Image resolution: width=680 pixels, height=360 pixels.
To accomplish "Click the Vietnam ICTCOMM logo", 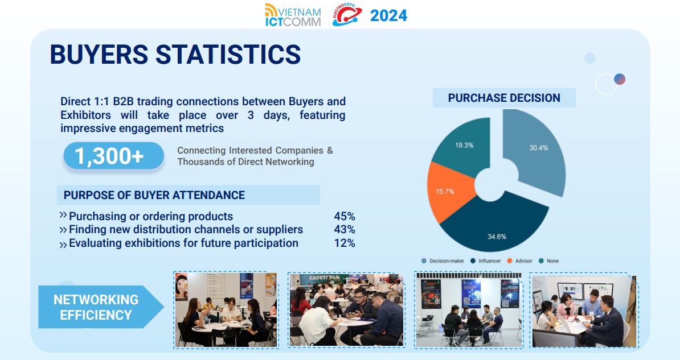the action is [293, 15].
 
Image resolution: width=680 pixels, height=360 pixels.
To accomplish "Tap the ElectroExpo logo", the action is [346, 15].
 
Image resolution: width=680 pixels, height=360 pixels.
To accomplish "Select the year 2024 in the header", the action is [388, 15].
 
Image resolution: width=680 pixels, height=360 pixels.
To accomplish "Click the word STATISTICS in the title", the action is [228, 54].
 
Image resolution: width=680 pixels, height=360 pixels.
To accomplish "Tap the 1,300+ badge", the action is [114, 156].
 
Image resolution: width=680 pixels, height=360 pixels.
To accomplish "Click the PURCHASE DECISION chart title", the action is [504, 98].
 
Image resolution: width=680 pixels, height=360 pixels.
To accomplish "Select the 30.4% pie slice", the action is [535, 150].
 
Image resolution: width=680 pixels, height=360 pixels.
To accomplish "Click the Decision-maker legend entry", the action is [443, 261].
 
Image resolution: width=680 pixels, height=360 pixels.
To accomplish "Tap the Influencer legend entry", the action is [486, 261].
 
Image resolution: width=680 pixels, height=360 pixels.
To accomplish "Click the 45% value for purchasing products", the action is [345, 216].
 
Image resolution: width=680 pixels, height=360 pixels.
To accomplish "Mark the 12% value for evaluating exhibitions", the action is [345, 243].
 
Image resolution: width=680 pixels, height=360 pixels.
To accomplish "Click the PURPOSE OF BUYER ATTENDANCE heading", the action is [154, 195].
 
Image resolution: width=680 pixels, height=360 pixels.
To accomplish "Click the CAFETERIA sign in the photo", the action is [324, 278].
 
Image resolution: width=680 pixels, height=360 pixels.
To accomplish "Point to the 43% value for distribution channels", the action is [345, 230].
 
